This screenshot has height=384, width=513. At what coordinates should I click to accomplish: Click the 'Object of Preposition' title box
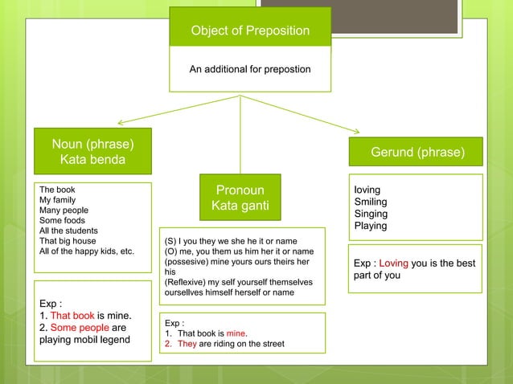click(x=249, y=31)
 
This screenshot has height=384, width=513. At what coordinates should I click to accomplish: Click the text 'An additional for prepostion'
click(x=249, y=70)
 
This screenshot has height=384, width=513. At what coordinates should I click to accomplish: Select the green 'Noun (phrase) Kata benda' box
click(x=92, y=152)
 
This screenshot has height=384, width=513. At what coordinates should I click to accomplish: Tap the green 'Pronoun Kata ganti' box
click(x=240, y=198)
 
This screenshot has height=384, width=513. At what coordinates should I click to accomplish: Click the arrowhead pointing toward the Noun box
click(x=121, y=123)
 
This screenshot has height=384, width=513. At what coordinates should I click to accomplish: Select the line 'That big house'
click(x=68, y=240)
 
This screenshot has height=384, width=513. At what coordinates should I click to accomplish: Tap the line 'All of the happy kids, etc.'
click(x=86, y=251)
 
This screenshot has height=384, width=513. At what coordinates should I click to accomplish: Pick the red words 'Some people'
click(x=79, y=328)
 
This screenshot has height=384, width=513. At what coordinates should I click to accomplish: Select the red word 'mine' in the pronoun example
click(x=236, y=333)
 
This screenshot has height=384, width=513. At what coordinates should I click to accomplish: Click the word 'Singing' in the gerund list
click(x=371, y=214)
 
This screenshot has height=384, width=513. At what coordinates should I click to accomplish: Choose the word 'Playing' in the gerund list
click(x=371, y=227)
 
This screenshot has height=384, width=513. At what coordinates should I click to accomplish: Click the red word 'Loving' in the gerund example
click(x=394, y=263)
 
